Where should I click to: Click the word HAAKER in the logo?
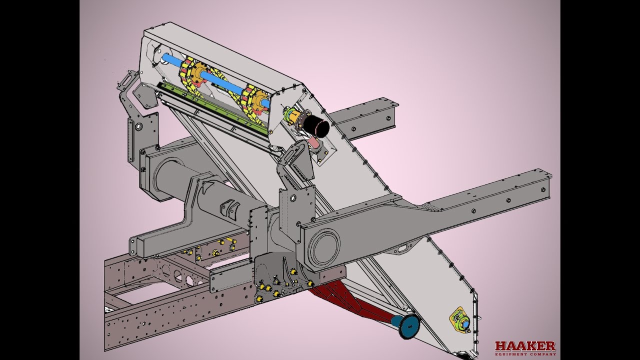[525, 346]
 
